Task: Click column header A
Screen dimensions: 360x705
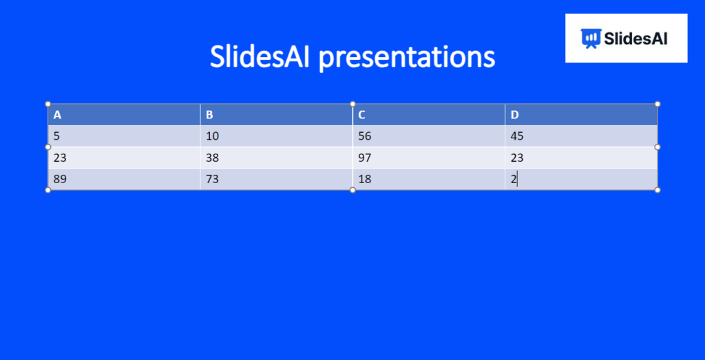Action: [58, 115]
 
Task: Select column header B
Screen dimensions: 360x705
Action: [210, 115]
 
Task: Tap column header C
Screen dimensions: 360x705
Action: [362, 115]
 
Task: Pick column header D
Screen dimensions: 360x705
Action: [514, 115]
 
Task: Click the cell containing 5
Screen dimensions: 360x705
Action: [56, 136]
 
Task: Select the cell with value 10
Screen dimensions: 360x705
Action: [213, 136]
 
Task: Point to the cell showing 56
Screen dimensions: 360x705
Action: [365, 136]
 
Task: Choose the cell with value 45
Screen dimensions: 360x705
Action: [517, 136]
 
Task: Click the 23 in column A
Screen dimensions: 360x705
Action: [60, 158]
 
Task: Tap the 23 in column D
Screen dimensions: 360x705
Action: [517, 158]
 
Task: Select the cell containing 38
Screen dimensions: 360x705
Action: [213, 158]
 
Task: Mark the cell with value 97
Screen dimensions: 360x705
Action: [365, 158]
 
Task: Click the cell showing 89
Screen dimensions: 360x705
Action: [60, 180]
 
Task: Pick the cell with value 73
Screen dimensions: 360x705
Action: [213, 180]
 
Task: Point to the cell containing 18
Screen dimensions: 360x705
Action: [365, 180]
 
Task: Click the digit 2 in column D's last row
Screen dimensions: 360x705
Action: [514, 180]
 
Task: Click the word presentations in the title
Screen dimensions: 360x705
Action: [408, 57]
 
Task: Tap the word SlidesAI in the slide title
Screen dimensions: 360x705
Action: [261, 56]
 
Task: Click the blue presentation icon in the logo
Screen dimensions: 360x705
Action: [589, 39]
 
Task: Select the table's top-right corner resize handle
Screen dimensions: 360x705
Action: [657, 104]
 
